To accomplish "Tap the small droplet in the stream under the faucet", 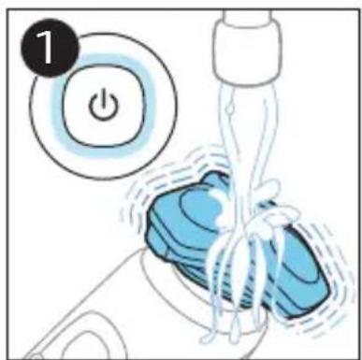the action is click(229, 108).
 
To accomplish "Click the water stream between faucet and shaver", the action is click(246, 140).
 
